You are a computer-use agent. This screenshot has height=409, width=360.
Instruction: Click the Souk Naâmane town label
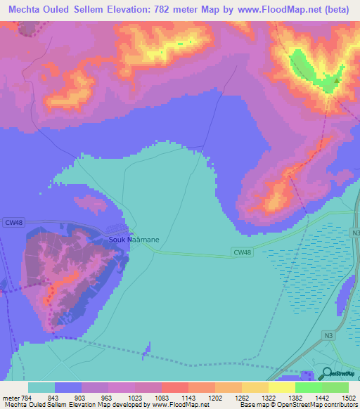(134, 240)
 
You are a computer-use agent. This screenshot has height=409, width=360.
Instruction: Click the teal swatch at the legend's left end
(41, 388)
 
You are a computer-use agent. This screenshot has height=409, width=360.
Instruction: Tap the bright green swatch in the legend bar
(308, 388)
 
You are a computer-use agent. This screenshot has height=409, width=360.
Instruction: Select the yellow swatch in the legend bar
(281, 388)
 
